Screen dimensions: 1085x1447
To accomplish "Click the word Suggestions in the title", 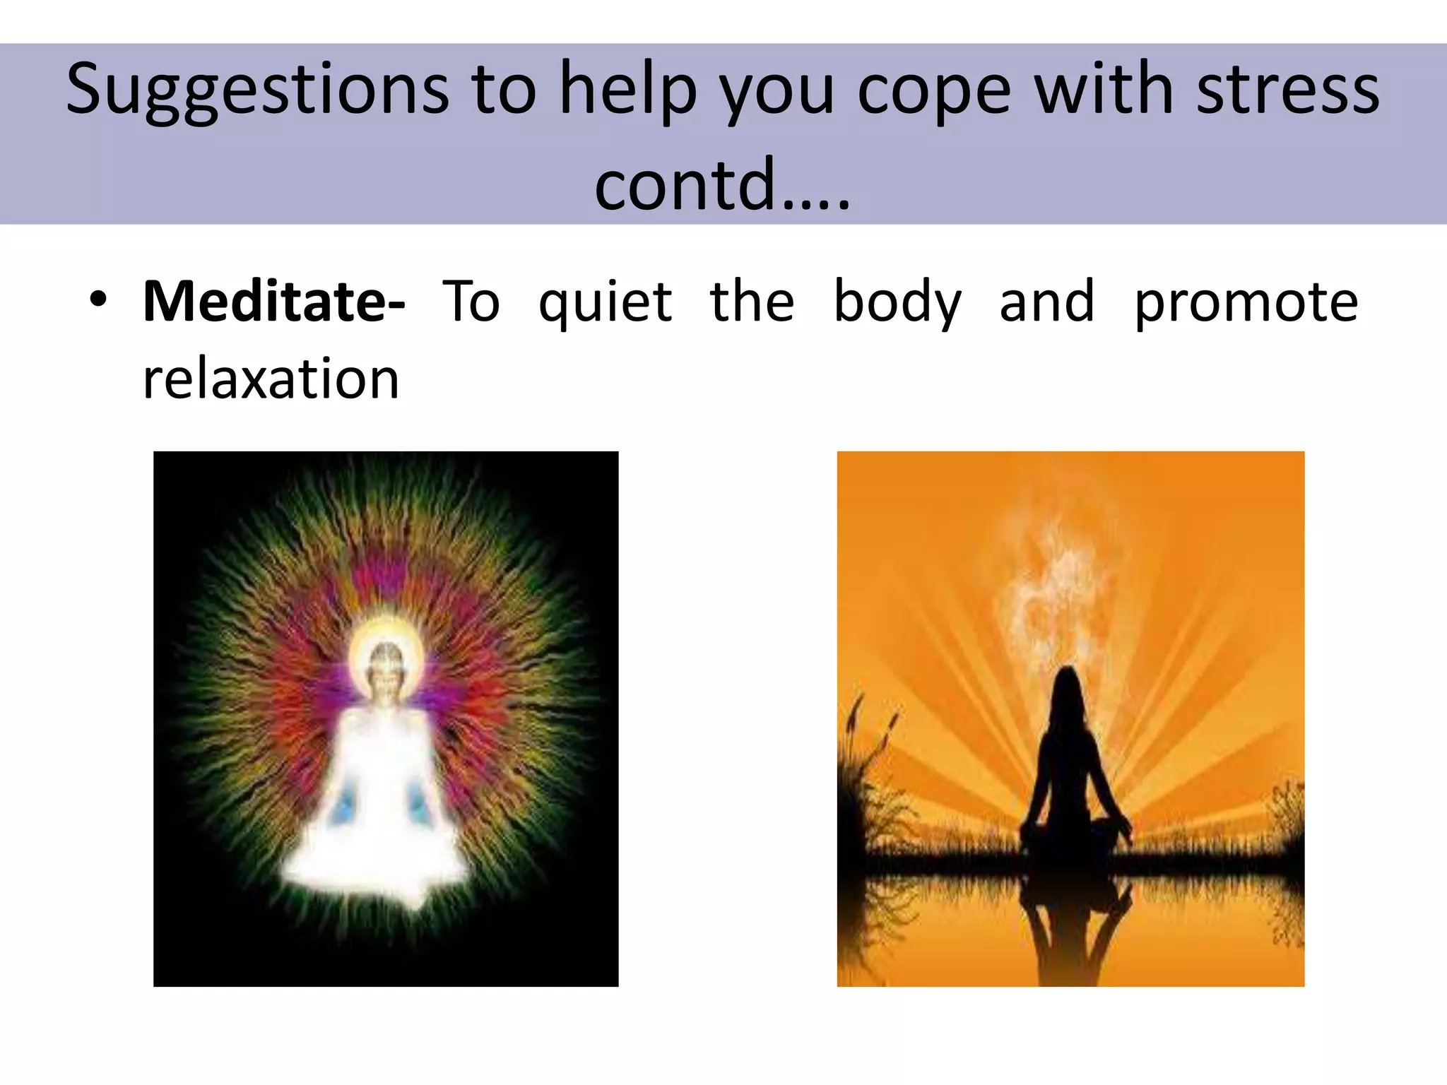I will coord(258,90).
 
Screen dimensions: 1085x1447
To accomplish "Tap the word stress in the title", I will coord(1287,90).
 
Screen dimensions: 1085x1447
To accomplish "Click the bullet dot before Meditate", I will coord(98,300).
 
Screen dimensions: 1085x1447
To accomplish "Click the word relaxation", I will coord(271,379).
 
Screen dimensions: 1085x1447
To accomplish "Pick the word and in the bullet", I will coord(1047,302).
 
